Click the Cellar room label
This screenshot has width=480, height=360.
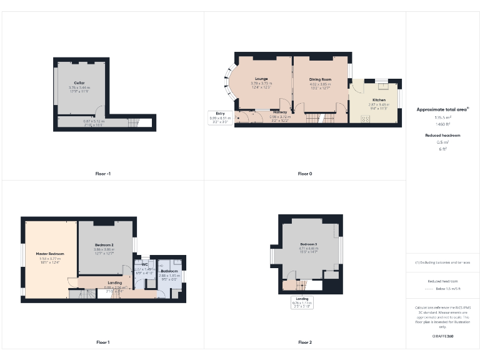tap(79, 82)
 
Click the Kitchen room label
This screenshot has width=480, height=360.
tap(379, 100)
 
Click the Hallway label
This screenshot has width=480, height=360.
tap(279, 112)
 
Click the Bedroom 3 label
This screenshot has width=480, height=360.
tap(309, 243)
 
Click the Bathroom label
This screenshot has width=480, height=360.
tap(169, 271)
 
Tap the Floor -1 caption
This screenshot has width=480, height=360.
tap(102, 173)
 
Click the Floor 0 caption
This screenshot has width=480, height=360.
tap(304, 173)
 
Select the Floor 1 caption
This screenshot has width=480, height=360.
tap(102, 342)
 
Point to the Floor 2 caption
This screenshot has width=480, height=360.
tap(304, 342)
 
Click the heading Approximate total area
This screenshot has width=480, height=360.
tap(442, 109)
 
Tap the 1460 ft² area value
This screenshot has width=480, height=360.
tap(442, 124)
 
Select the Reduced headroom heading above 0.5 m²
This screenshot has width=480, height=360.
tap(442, 135)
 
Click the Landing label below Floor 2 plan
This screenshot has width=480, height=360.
tap(302, 299)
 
